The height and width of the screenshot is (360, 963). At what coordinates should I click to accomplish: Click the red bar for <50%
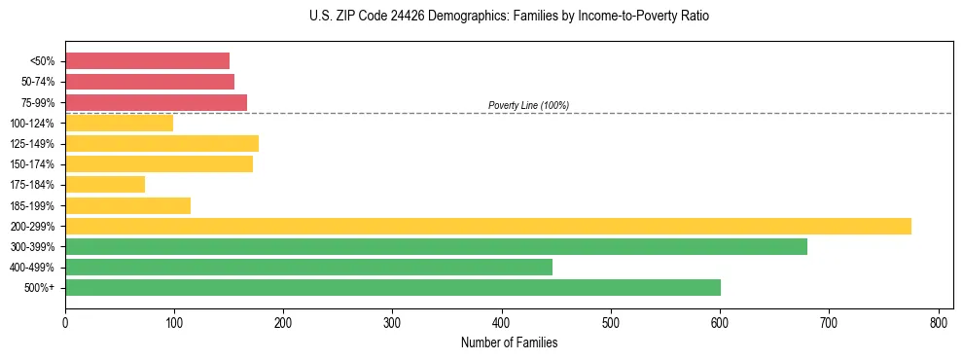147,61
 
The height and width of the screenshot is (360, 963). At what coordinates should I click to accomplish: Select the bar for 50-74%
150,82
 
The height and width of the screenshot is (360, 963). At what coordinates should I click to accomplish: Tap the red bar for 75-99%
156,102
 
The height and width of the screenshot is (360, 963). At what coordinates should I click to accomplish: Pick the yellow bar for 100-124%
119,123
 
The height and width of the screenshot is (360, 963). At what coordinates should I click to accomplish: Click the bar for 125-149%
161,144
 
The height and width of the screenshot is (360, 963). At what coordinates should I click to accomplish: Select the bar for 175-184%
105,185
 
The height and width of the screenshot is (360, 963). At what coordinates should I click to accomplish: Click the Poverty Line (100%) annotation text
528,105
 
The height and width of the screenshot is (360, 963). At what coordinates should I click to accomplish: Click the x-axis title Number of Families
509,342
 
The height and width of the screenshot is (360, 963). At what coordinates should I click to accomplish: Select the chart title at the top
510,17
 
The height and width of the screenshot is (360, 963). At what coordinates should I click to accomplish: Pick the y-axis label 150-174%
32,164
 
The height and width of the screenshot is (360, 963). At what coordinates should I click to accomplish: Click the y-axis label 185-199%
32,205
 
